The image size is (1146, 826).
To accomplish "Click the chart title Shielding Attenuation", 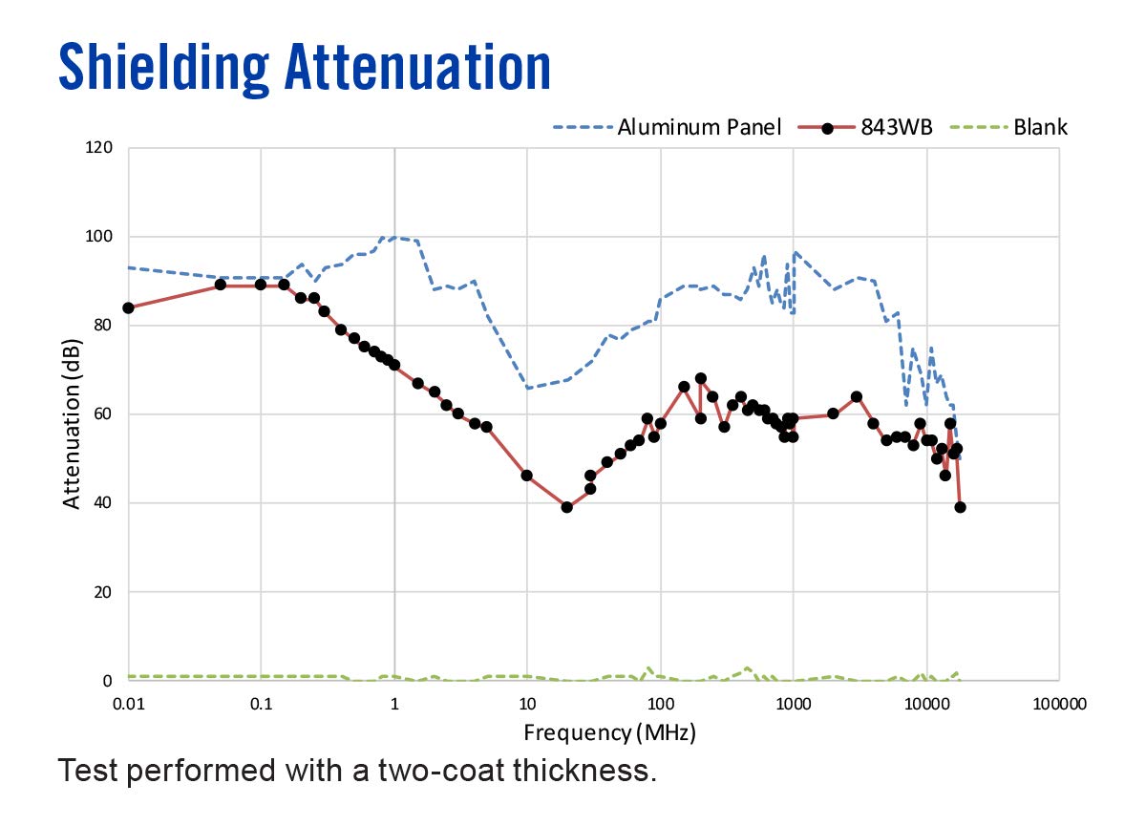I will pyautogui.click(x=305, y=68).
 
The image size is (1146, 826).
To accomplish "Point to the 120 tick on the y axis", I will pyautogui.click(x=99, y=148).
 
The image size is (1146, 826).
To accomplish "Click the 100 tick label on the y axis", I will pyautogui.click(x=99, y=237).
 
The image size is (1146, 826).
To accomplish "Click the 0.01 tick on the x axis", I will pyautogui.click(x=128, y=705).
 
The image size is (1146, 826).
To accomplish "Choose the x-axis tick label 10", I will pyautogui.click(x=526, y=705).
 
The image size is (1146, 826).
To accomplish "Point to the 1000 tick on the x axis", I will pyautogui.click(x=792, y=705).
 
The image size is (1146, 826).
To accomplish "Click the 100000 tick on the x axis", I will pyautogui.click(x=1058, y=705).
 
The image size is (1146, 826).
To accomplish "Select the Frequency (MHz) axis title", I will pyautogui.click(x=609, y=733).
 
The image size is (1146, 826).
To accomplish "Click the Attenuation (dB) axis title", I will pyautogui.click(x=73, y=413).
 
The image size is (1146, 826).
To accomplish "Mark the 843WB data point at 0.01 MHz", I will pyautogui.click(x=128, y=307).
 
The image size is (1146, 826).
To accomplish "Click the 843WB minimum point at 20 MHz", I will pyautogui.click(x=566, y=507).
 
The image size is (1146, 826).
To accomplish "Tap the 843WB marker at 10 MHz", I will pyautogui.click(x=526, y=476).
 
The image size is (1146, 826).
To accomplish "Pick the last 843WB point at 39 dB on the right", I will pyautogui.click(x=960, y=507).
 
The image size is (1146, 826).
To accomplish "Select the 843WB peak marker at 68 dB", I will pyautogui.click(x=700, y=378).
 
